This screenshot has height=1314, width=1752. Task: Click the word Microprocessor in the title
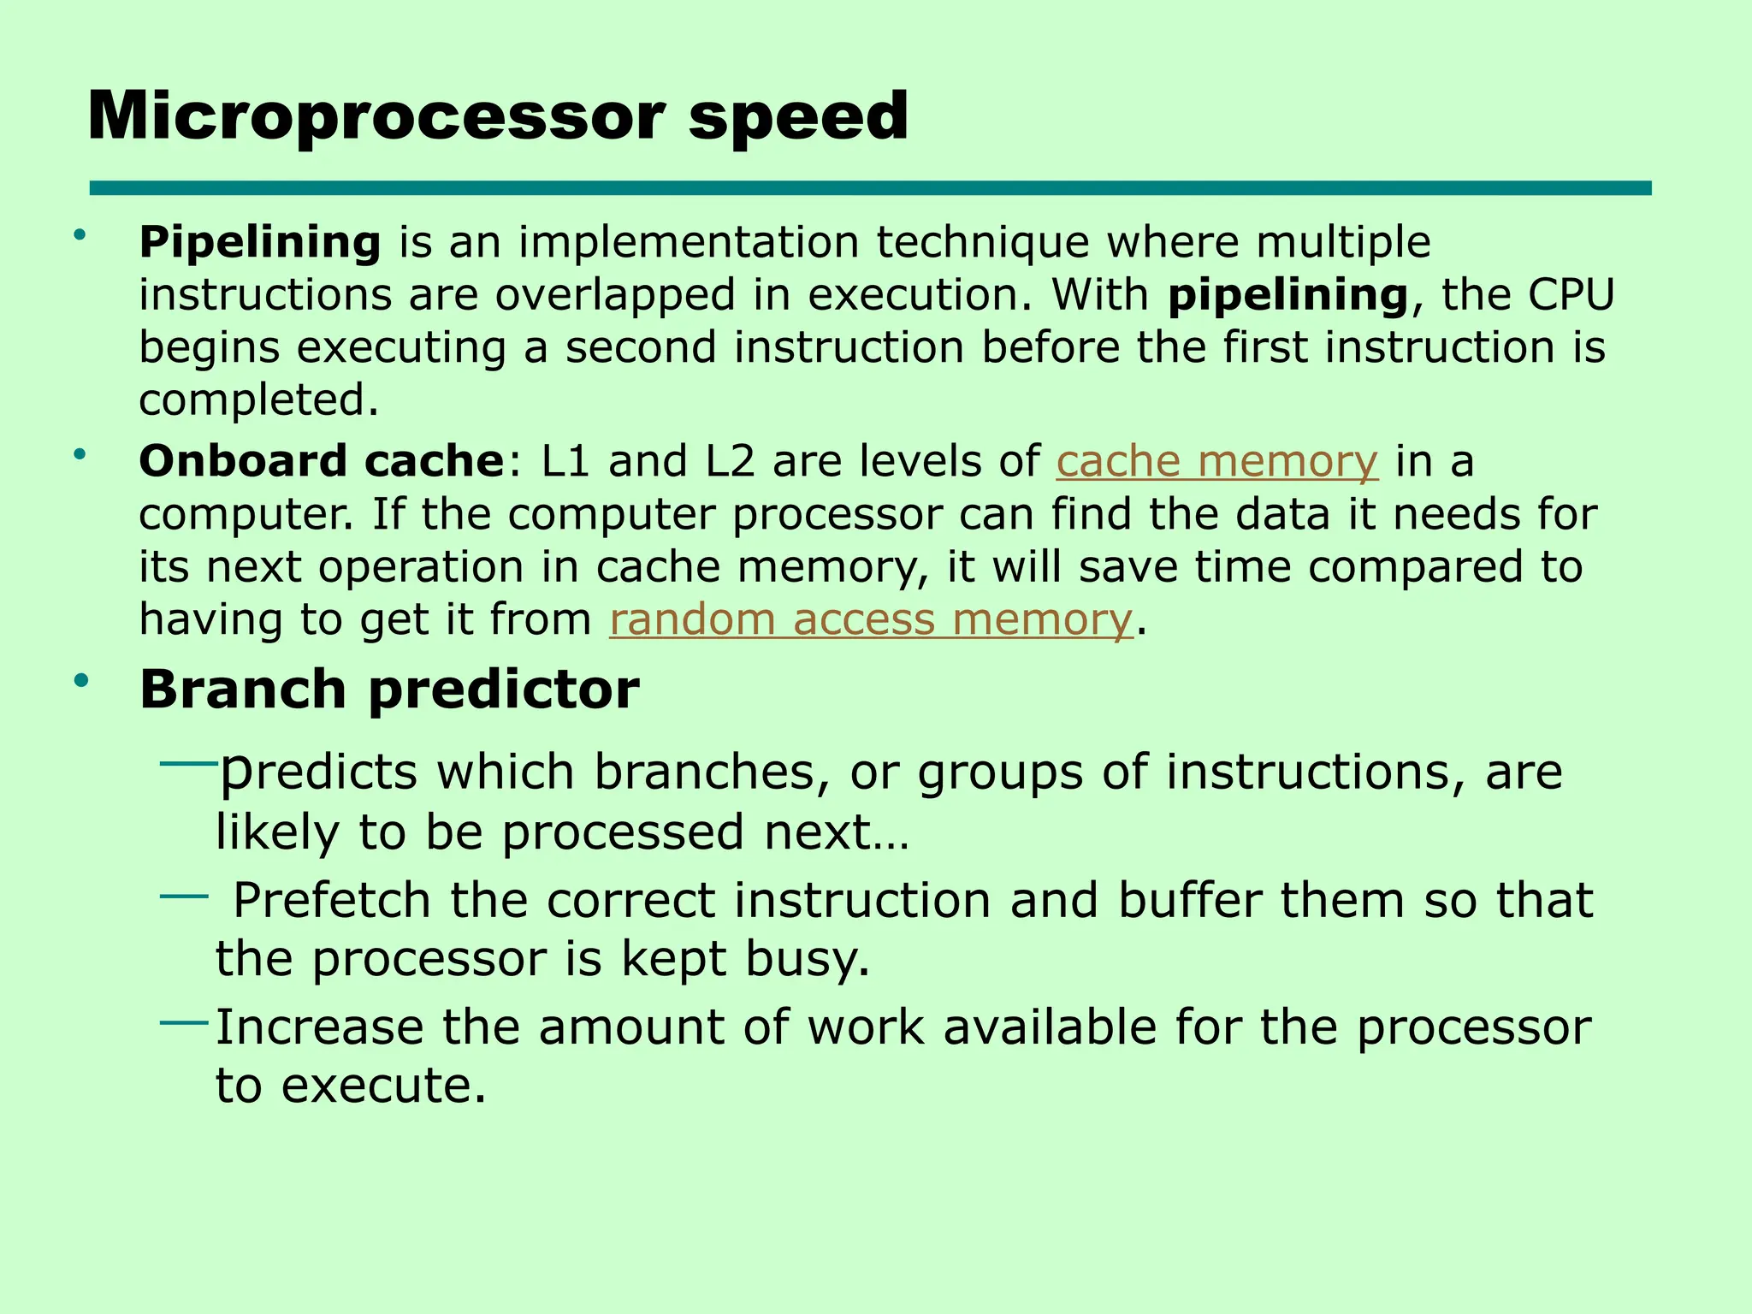click(x=376, y=117)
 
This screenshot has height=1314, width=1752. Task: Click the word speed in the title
click(x=797, y=117)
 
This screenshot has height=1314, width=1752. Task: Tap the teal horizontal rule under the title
click(x=870, y=188)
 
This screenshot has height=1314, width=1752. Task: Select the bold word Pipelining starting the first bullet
click(x=260, y=242)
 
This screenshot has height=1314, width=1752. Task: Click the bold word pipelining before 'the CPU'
click(x=1288, y=295)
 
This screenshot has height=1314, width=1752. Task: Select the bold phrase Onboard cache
click(x=322, y=461)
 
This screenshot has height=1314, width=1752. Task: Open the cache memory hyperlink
click(x=1216, y=462)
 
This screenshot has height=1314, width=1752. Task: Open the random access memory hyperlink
click(x=870, y=619)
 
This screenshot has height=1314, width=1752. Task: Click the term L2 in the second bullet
click(x=730, y=461)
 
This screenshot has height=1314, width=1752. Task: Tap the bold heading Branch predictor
click(x=389, y=690)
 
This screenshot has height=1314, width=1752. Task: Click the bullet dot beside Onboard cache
click(x=80, y=454)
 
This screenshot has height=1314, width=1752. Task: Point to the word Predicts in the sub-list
click(x=319, y=772)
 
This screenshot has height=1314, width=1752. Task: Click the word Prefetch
click(x=331, y=901)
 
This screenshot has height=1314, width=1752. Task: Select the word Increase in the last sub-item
click(x=319, y=1027)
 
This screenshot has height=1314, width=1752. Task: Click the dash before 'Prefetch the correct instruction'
click(x=184, y=897)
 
